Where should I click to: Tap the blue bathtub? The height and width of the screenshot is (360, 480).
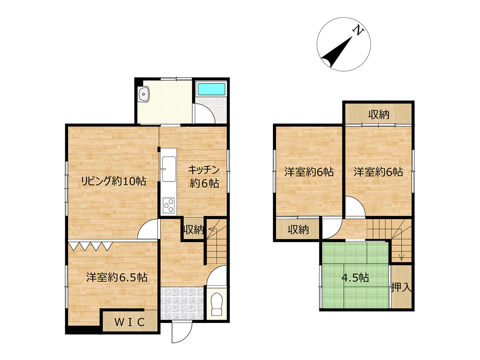pos(211,89)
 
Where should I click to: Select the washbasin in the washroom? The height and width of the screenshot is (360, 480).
pos(144,94)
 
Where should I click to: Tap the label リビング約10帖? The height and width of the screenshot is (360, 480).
pos(114,181)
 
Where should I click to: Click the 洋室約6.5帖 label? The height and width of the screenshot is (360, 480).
pos(117,277)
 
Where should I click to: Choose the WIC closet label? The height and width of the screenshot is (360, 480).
pos(130,322)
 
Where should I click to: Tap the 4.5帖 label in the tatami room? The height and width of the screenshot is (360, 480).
pos(355,278)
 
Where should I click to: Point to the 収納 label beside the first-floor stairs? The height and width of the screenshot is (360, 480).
pos(193,230)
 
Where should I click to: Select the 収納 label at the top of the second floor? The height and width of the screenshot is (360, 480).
pos(379,114)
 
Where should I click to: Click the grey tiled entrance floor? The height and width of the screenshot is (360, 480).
pos(182,303)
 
